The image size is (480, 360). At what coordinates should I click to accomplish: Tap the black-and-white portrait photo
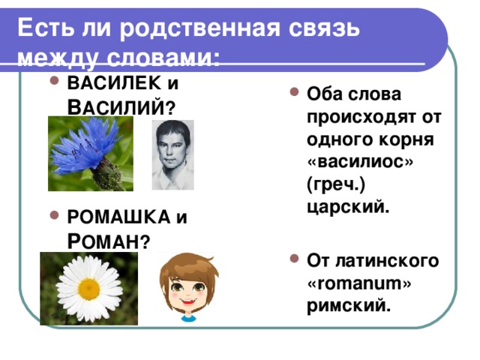point(172,154)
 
